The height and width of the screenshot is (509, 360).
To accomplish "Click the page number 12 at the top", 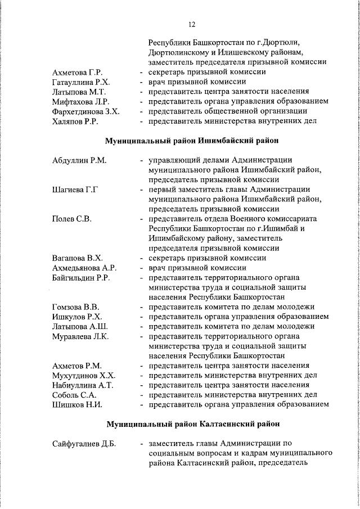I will [192, 24].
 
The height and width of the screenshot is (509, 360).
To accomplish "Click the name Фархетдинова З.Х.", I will [85, 111].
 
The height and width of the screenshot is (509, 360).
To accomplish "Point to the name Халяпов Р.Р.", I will [75, 121].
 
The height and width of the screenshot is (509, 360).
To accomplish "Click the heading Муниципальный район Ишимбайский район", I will [191, 140].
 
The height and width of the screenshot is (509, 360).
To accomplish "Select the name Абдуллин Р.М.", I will [79, 160].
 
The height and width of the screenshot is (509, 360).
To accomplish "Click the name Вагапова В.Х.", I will [76, 258].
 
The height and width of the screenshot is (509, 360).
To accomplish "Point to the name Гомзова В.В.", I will [75, 307].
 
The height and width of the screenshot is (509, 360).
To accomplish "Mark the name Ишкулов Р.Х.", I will [76, 317].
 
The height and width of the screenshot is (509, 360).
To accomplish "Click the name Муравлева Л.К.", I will [80, 336].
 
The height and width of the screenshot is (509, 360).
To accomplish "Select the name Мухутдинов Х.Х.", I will [83, 375].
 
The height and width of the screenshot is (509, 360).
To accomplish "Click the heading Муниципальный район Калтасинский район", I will [191, 424].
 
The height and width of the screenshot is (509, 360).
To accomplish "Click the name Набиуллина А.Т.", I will [82, 385].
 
